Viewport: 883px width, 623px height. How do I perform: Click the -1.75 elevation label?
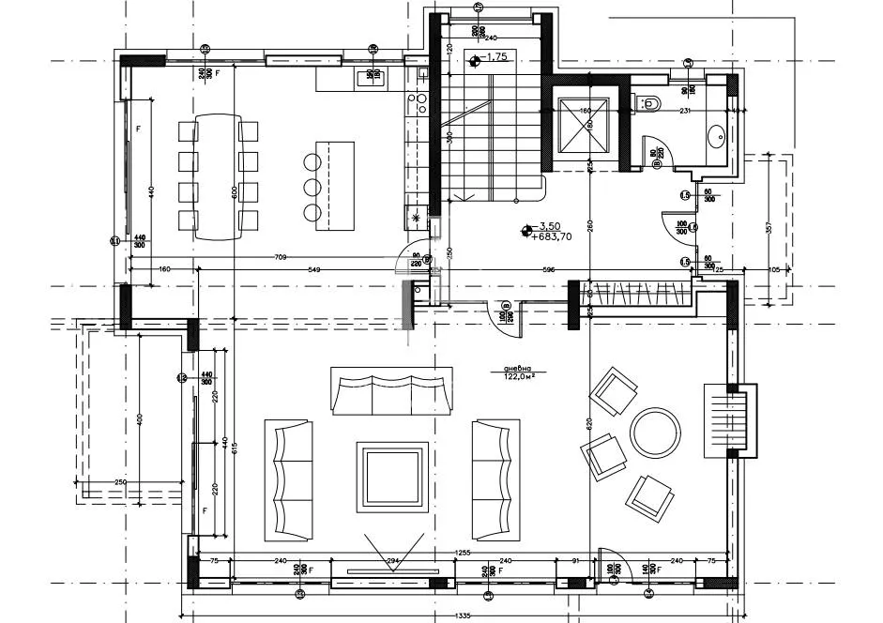tap(497, 58)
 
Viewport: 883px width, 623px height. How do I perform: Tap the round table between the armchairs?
tap(656, 433)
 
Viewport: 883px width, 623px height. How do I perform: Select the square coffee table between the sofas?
tap(392, 477)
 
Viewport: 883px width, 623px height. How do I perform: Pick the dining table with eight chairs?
tap(219, 177)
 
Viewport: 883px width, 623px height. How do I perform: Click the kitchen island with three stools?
tap(335, 187)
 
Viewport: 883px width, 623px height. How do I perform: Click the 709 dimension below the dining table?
tap(280, 256)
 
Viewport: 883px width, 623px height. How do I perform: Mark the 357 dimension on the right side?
tap(768, 228)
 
